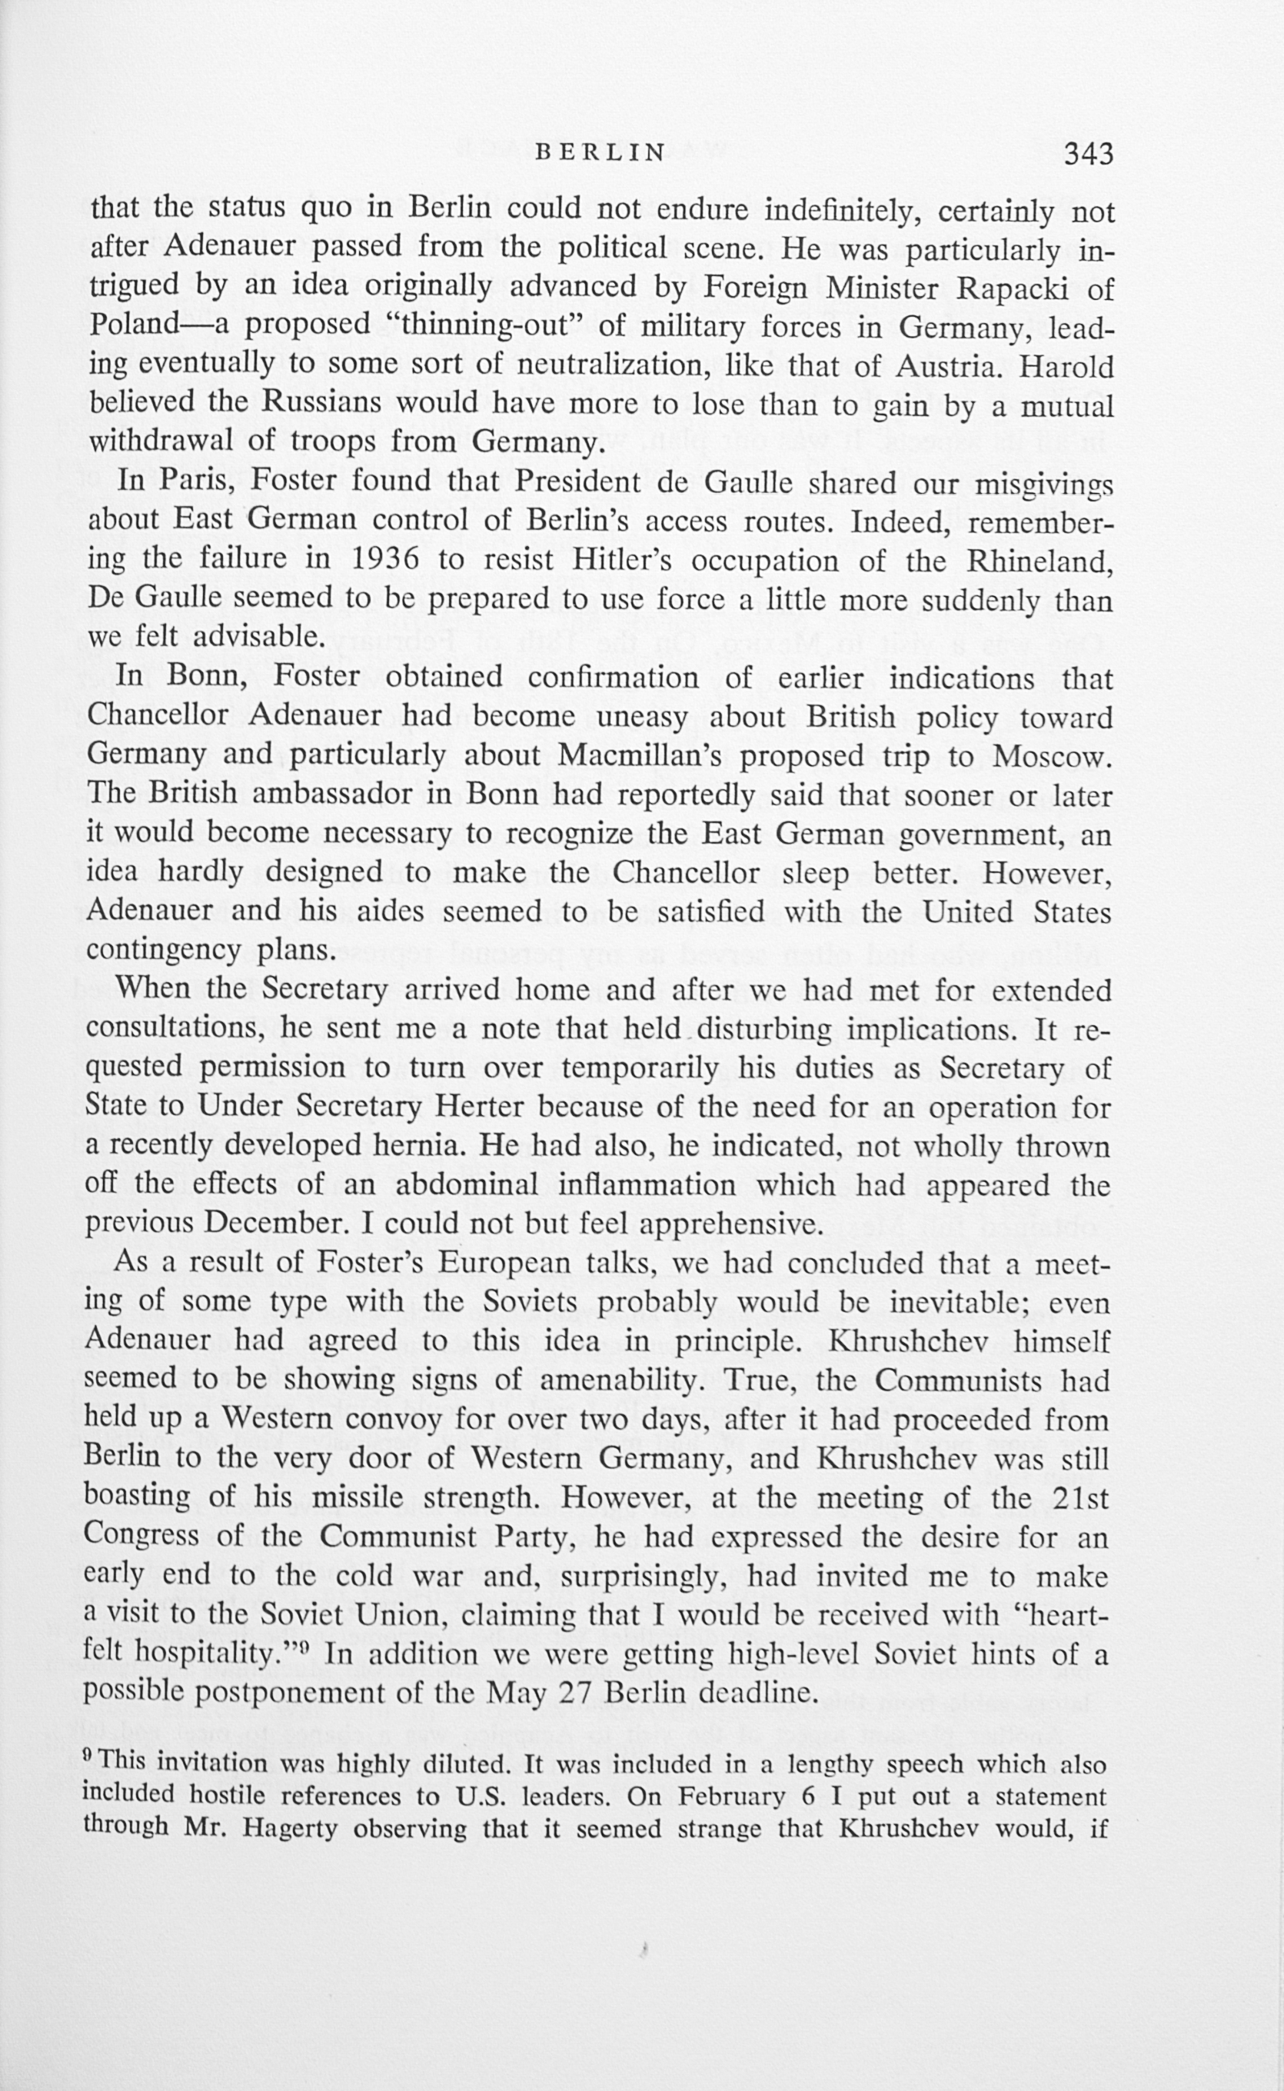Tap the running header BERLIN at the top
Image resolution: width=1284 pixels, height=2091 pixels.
click(602, 153)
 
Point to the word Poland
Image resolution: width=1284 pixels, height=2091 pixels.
click(131, 326)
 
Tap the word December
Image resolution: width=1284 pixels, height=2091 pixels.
click(279, 1222)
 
